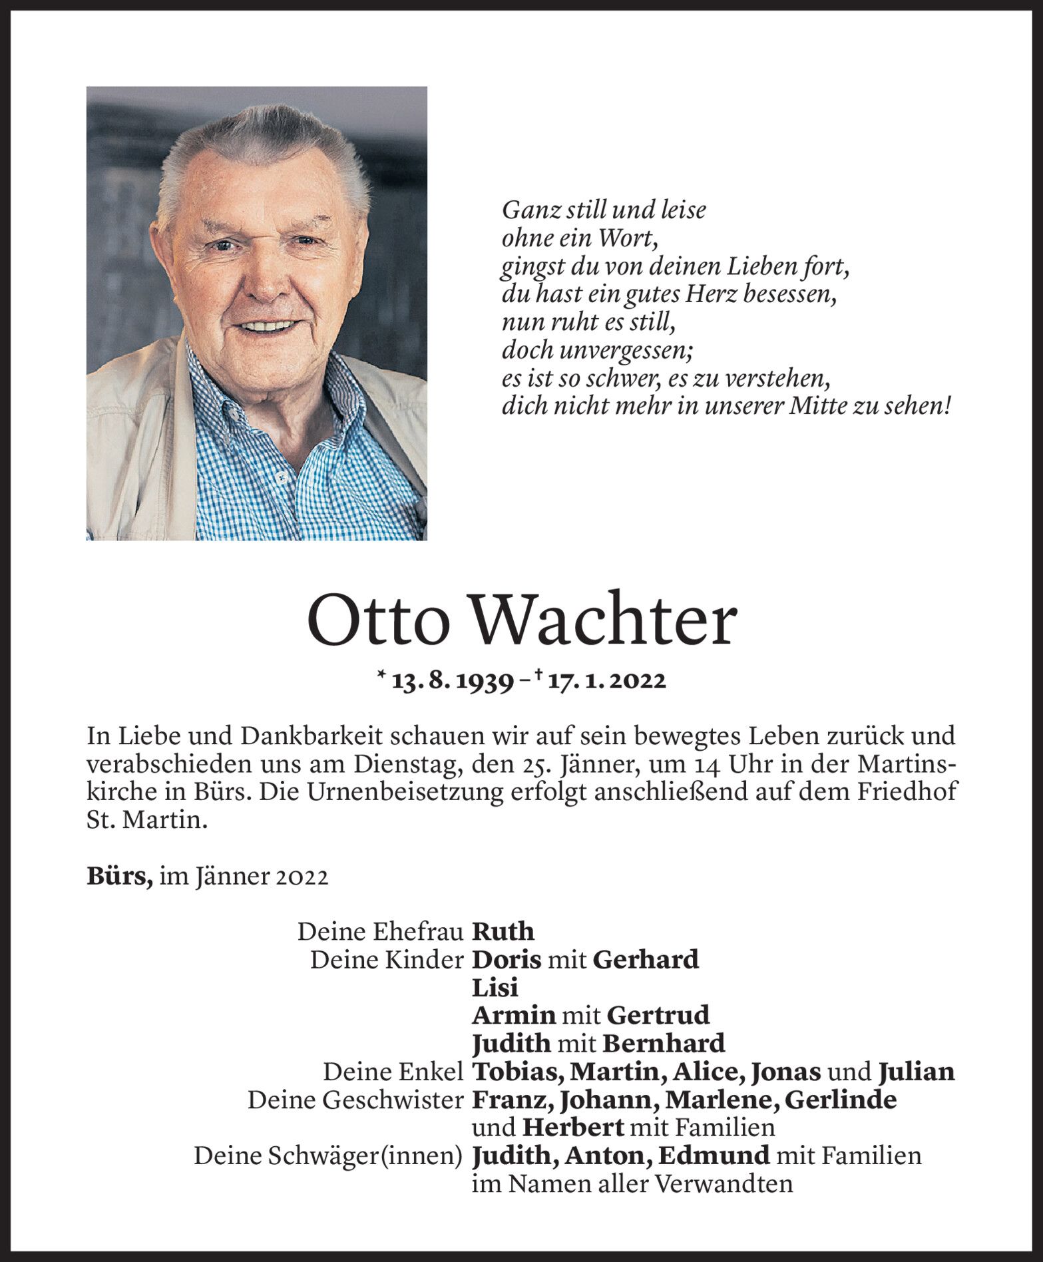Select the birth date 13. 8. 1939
pyautogui.click(x=453, y=681)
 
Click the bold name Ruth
pyautogui.click(x=503, y=931)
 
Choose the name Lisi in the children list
pyautogui.click(x=495, y=987)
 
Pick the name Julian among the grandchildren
pyautogui.click(x=917, y=1072)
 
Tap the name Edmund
pyautogui.click(x=714, y=1156)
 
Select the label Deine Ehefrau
pyautogui.click(x=380, y=932)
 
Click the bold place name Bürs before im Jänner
pyautogui.click(x=119, y=877)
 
